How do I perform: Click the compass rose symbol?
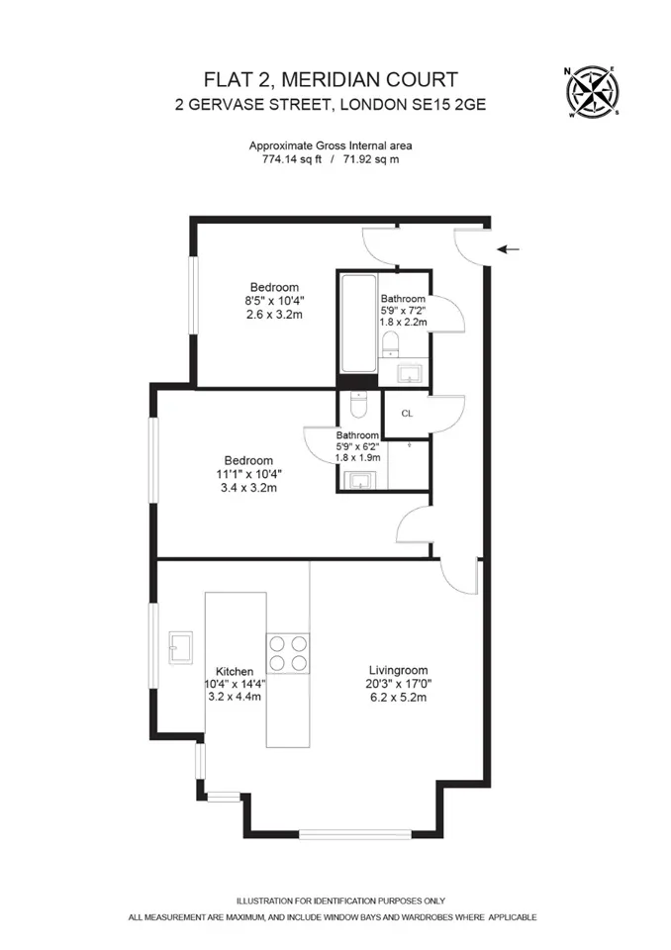pos(592,91)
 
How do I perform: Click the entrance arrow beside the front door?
pos(508,249)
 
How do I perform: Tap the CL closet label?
pos(407,414)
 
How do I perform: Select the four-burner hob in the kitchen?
pos(287,653)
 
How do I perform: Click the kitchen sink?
pos(181,647)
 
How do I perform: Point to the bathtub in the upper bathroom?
pos(358,324)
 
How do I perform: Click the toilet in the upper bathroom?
pos(390,343)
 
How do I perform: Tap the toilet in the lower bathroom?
pos(359,404)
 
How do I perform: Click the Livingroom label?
pos(398,670)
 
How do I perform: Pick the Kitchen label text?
pos(235,671)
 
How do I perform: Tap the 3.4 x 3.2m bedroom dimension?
pos(248,487)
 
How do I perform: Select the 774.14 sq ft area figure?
pos(292,160)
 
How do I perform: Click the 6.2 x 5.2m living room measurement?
pos(398,698)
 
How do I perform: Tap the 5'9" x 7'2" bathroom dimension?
pos(403,310)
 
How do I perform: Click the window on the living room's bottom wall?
pos(355,834)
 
